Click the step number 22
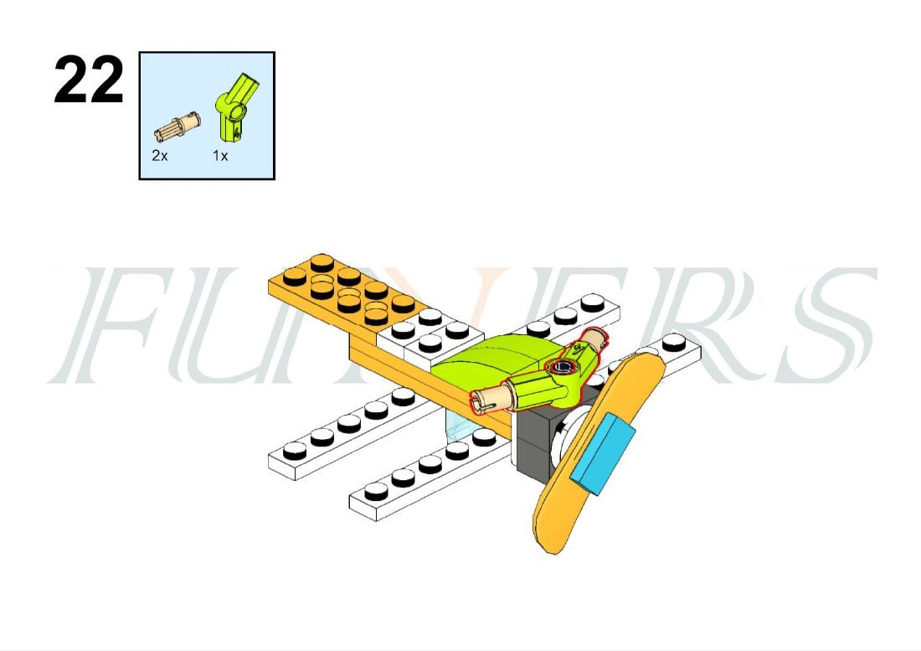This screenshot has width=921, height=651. pos(89,80)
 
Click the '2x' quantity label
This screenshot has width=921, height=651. pos(160,156)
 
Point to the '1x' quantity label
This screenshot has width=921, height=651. pos(220,156)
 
